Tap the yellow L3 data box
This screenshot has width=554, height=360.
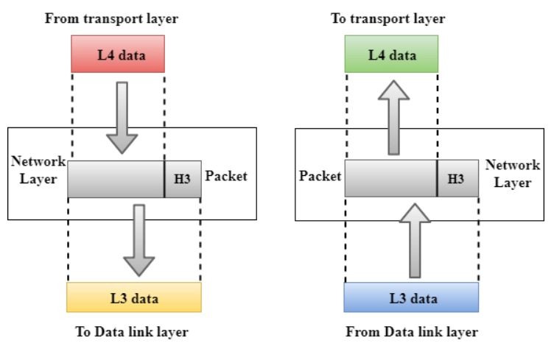[133, 298]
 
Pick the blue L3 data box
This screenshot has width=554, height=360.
[411, 298]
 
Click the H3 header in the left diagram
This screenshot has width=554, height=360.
[182, 180]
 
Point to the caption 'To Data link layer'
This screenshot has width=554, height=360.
[132, 332]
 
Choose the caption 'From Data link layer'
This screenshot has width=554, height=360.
[412, 332]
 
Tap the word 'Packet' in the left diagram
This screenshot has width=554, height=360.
[227, 177]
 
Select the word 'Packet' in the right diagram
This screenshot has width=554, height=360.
[320, 177]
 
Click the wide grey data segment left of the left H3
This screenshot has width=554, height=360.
[116, 180]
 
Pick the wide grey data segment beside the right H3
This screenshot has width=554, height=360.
[390, 180]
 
